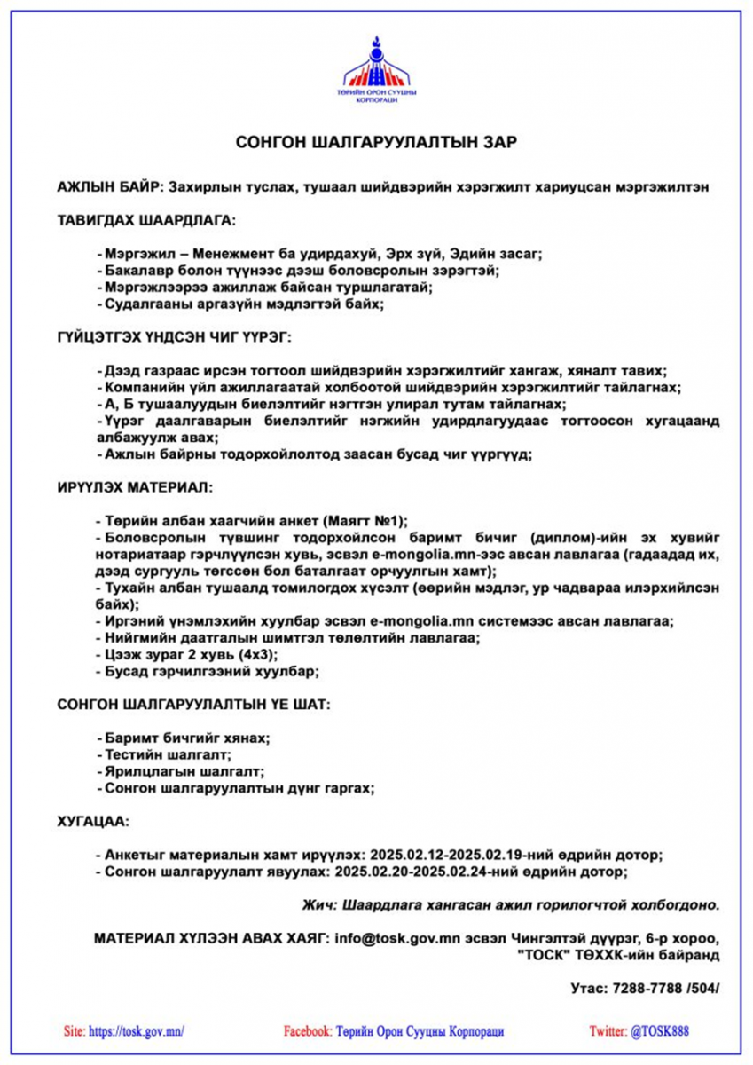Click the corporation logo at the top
point(376,70)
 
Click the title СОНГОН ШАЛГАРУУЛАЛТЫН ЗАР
point(376,142)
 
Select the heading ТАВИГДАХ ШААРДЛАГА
point(146,219)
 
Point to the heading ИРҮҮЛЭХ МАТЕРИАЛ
point(135,487)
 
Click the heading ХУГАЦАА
point(93,822)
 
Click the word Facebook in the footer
point(307,1031)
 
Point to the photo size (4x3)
point(257,654)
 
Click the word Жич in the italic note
point(317,905)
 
